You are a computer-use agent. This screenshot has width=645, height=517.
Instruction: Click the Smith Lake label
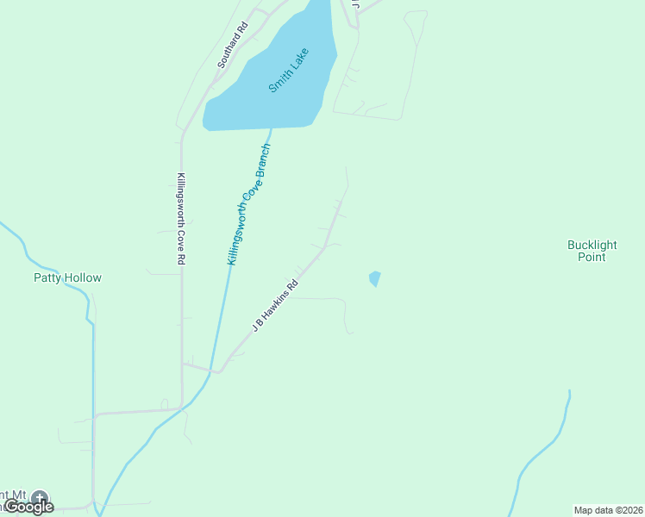pos(288,70)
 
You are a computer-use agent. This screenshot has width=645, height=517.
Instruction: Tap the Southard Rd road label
pos(233,45)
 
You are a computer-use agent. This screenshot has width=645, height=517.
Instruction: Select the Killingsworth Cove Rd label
pos(181,219)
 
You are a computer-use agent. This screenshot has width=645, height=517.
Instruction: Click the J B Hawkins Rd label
pos(274,306)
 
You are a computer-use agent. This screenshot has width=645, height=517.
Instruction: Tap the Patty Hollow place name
pos(67,278)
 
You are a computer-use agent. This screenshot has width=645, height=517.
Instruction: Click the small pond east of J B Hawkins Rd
pos(374,278)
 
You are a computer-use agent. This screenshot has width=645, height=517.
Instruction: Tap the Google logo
pos(28,507)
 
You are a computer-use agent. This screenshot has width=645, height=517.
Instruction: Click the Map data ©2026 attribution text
pos(609,510)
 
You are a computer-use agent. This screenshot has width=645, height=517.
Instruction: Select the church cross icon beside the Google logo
pos(39,497)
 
